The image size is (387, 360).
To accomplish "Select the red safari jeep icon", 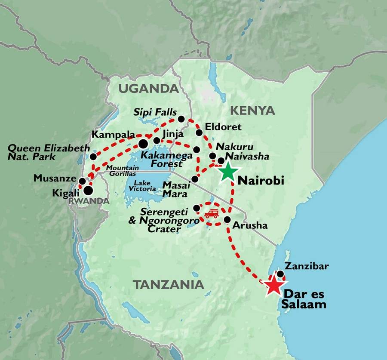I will (211, 214).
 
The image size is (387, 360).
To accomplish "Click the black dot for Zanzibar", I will (280, 274).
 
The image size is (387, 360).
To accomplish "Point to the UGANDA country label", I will (148, 89).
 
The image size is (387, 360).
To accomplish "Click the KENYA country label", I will (252, 111).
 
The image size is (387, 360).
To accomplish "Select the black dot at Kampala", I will (143, 143).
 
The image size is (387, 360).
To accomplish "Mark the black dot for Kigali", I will (88, 190).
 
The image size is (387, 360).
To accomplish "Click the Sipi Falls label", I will (155, 113).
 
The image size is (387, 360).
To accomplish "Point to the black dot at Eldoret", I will (199, 132).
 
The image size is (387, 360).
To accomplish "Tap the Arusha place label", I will (250, 225).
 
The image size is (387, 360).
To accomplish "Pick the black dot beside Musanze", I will (82, 181).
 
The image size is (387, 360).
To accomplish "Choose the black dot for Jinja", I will (157, 141).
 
